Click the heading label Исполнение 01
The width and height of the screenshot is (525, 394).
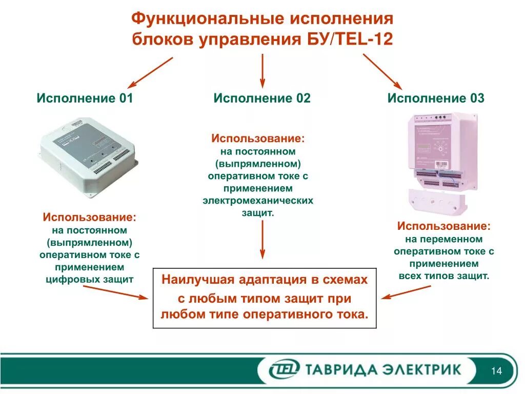(85, 98)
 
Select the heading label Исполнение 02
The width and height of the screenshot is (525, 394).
(262, 98)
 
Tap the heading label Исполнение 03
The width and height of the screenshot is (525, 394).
(435, 98)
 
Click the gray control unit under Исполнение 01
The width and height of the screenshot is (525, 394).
(89, 154)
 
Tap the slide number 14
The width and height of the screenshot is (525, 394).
(496, 371)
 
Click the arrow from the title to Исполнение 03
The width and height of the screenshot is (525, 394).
(382, 71)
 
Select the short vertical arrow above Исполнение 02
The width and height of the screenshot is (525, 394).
(262, 70)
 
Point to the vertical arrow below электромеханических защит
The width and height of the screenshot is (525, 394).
(262, 239)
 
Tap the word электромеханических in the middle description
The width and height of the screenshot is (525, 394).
(257, 201)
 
